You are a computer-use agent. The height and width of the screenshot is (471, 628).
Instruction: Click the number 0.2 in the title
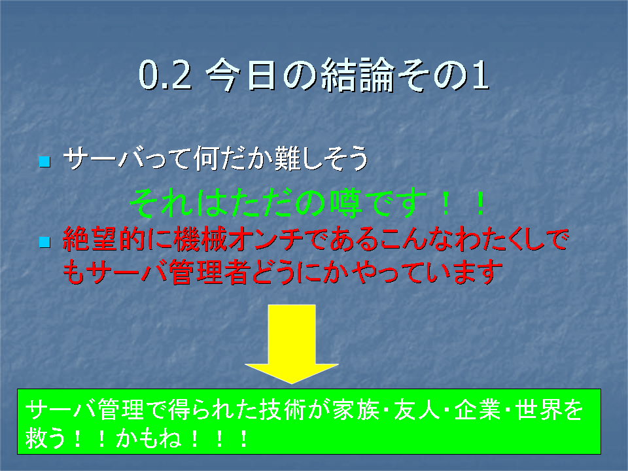coord(165,75)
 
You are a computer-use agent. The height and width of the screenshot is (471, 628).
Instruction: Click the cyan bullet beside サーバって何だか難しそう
coord(45,162)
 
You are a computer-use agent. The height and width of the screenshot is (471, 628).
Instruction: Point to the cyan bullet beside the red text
coord(45,242)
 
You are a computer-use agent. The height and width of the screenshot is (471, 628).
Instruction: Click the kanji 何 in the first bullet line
coord(207,158)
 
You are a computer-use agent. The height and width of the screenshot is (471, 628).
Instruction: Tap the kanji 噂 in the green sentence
coord(346,203)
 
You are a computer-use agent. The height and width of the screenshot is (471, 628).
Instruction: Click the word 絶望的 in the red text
coord(103,239)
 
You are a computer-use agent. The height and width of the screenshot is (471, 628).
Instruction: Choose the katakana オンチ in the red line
coord(266,239)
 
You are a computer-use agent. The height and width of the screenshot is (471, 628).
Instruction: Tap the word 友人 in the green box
coord(417,410)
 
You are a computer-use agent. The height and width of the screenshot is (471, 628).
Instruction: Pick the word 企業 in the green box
coord(478,410)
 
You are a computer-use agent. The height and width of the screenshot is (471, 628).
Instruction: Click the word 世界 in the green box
coord(538,410)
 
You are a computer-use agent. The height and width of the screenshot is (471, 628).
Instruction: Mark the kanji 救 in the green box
coord(37,438)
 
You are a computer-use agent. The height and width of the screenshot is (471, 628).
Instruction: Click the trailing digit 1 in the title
coord(481,75)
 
